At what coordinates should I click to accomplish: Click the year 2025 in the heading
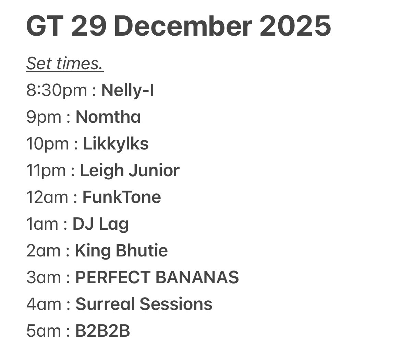(x=295, y=27)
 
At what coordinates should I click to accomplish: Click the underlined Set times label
(x=65, y=64)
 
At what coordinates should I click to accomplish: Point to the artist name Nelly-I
(x=127, y=91)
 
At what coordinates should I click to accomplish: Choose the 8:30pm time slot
(x=57, y=91)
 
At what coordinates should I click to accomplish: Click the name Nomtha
(x=108, y=117)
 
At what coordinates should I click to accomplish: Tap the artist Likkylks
(x=116, y=144)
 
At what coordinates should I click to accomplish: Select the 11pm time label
(x=47, y=171)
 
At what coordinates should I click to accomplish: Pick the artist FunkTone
(x=122, y=197)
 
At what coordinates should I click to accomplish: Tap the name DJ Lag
(x=101, y=224)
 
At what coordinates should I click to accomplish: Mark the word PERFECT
(x=113, y=277)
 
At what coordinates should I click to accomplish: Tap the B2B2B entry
(x=102, y=331)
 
